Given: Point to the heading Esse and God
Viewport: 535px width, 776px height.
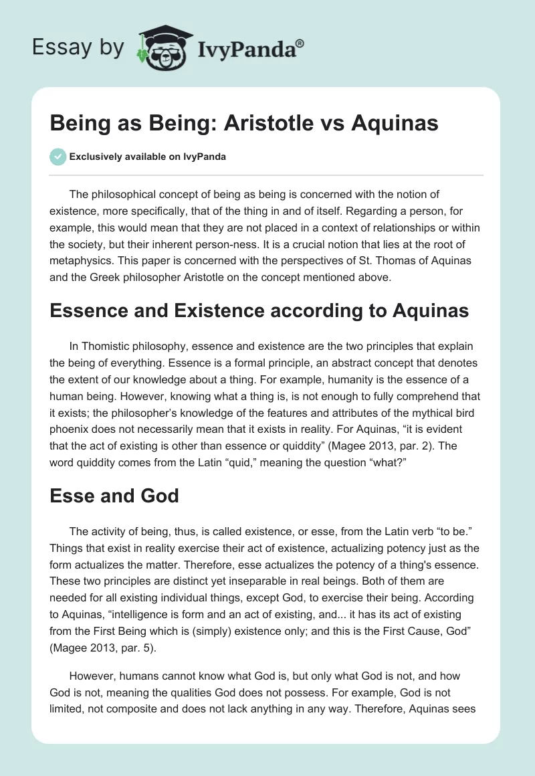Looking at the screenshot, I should (114, 496).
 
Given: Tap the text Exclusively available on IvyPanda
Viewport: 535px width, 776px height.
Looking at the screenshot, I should (147, 157).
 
